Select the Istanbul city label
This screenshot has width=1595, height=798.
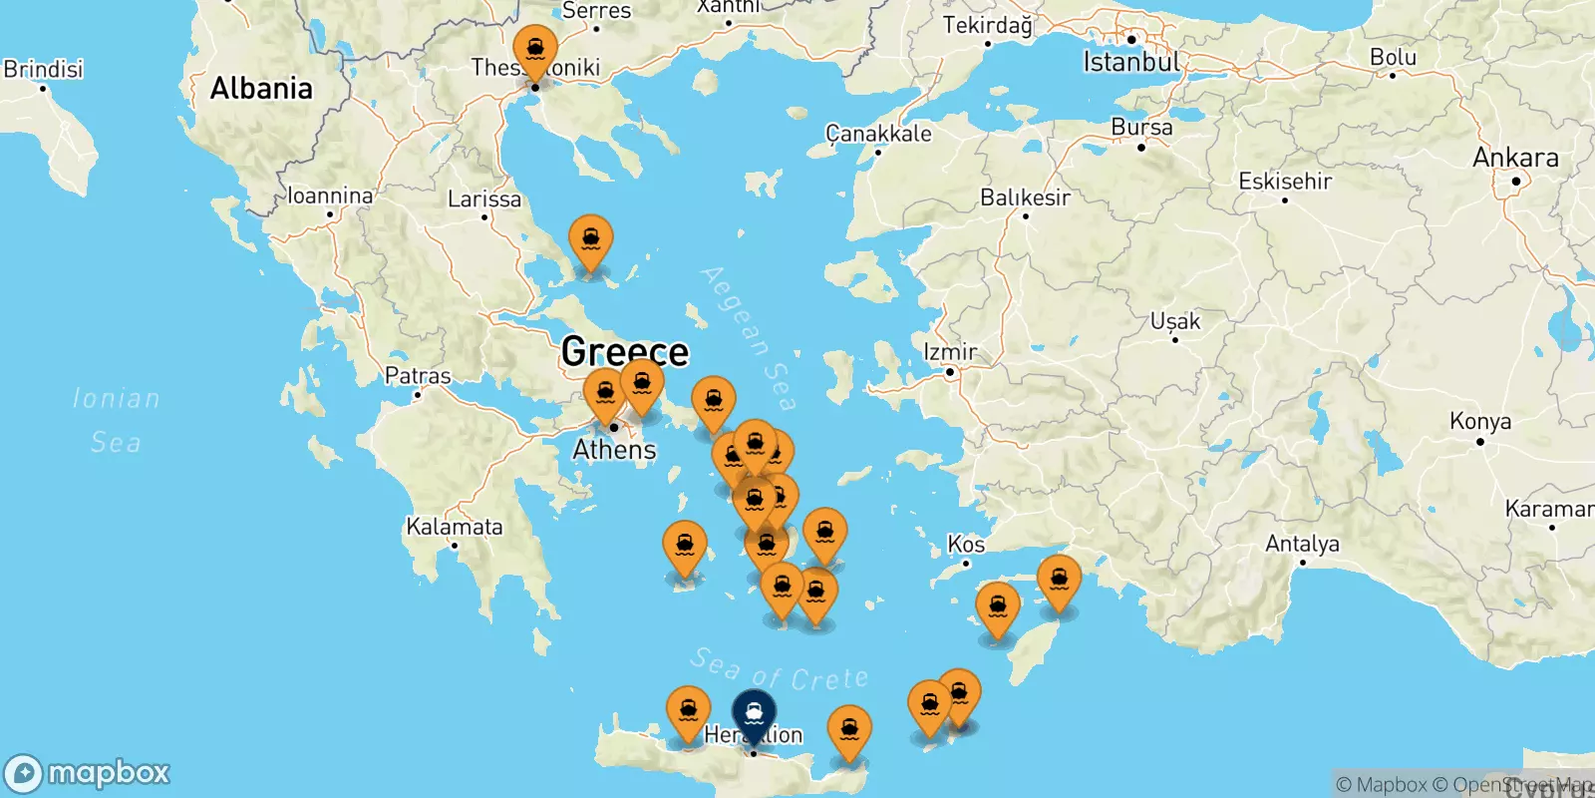coord(1130,62)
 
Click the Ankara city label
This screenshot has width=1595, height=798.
coord(1514,158)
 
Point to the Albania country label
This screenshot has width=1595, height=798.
coord(261,89)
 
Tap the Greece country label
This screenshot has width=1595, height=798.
coord(624,351)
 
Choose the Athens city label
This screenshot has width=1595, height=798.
coord(614,450)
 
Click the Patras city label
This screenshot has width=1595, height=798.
coord(418,376)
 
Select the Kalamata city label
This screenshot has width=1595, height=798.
coord(454,527)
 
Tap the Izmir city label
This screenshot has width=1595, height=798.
coord(950,352)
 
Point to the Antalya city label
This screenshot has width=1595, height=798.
coord(1302,544)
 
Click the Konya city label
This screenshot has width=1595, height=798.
coord(1480,421)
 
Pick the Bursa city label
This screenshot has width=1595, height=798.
coord(1141,128)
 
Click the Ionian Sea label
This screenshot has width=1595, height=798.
coord(116,420)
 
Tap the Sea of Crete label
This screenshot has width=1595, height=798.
coord(779,670)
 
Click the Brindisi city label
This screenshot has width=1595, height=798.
coord(43,69)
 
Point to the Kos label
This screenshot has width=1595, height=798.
coord(965,545)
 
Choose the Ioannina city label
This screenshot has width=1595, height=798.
coord(330,196)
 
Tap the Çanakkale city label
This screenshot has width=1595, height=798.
coord(878,134)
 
